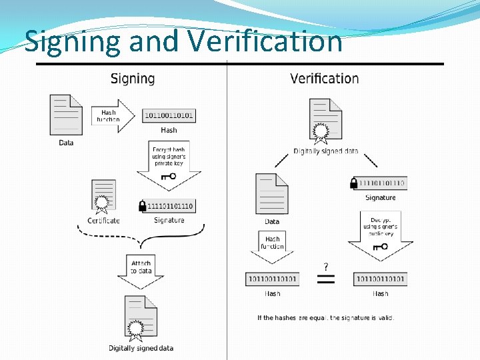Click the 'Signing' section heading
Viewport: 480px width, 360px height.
coord(132,79)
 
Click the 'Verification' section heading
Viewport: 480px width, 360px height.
coord(324,79)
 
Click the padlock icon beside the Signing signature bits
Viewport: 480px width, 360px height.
coord(142,206)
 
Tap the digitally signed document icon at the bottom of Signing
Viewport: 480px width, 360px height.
coord(141,319)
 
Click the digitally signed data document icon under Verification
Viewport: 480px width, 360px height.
coord(325,121)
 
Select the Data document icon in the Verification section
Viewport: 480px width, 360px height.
coord(272,194)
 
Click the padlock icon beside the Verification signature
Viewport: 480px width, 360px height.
coord(353,183)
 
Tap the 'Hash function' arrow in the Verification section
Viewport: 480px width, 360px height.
coord(272,247)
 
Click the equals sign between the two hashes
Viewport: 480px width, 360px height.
coord(325,278)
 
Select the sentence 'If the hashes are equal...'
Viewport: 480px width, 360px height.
coord(326,317)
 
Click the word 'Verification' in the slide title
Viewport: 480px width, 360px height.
coord(265,41)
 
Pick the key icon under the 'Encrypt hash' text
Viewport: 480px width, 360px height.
coord(168,177)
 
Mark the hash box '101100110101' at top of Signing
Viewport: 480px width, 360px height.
coord(169,115)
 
